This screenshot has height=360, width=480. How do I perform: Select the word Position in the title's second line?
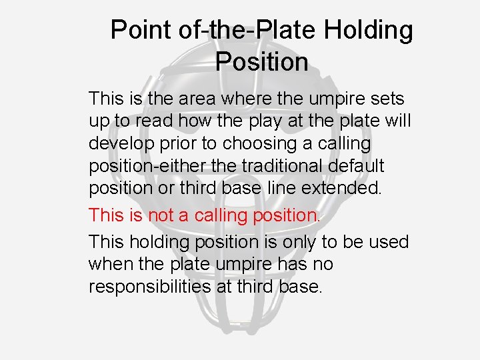pos(261,62)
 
